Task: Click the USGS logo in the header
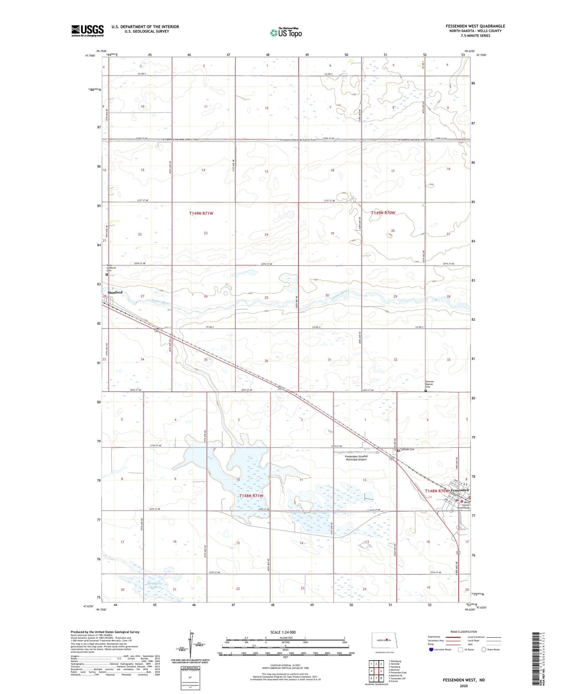[x=87, y=31]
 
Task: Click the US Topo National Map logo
[x=285, y=32]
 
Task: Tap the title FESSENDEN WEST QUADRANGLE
[x=475, y=26]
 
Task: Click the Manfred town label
[x=115, y=293]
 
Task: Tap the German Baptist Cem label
[x=429, y=384]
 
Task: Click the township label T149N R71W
[x=201, y=213]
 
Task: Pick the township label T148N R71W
[x=251, y=496]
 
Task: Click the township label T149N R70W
[x=383, y=213]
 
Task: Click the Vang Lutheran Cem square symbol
[x=107, y=274]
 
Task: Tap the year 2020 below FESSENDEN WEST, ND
[x=464, y=686]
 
